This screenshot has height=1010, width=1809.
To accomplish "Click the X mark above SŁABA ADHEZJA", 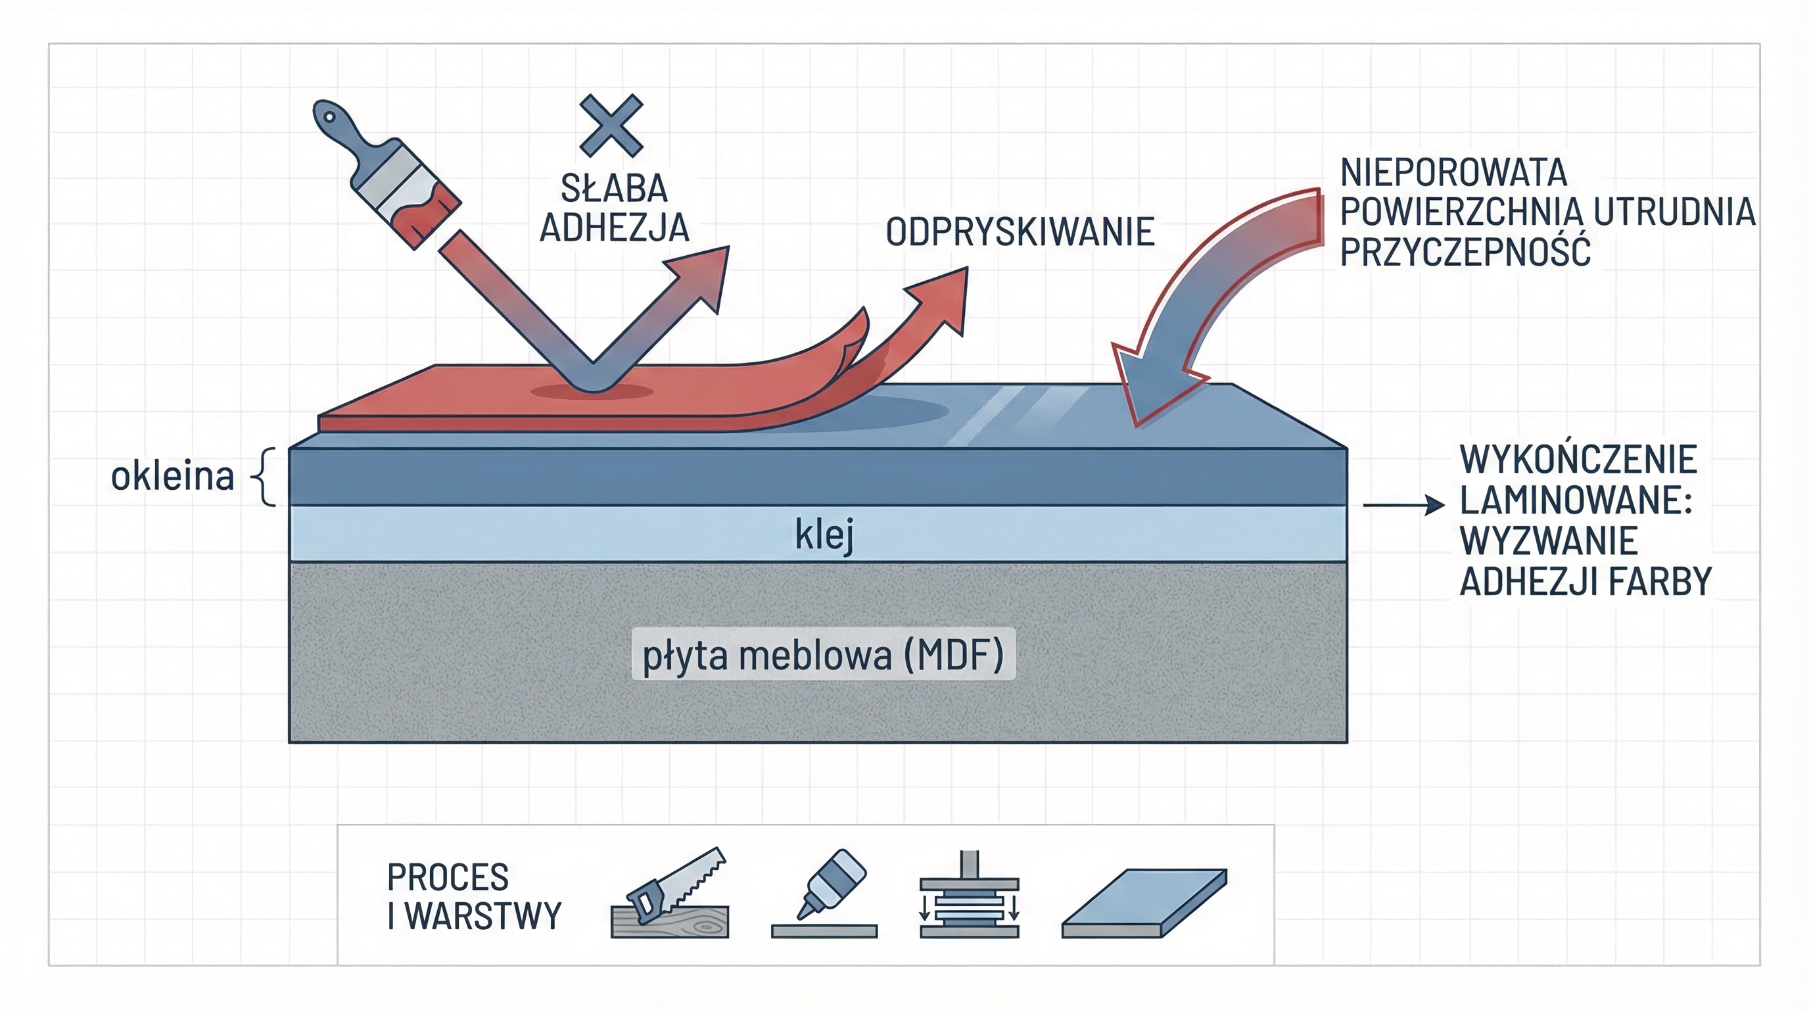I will click(x=611, y=126).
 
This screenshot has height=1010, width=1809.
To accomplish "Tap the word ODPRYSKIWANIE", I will click(x=1020, y=233).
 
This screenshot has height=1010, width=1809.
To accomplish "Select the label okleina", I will click(x=172, y=476).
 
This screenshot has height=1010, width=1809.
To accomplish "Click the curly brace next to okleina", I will click(x=264, y=477).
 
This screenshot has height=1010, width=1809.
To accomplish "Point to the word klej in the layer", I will click(x=824, y=535).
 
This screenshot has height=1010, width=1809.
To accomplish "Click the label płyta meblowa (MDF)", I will click(x=823, y=655).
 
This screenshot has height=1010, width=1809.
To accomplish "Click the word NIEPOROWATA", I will click(x=1453, y=173).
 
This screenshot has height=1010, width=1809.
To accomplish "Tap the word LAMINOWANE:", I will click(x=1575, y=501).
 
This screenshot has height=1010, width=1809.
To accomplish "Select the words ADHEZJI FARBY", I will click(x=1585, y=581).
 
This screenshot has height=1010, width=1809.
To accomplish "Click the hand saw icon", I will click(x=670, y=895).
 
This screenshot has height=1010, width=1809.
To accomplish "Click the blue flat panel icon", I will click(x=1144, y=903).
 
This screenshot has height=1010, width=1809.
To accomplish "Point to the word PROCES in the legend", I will click(x=448, y=877).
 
